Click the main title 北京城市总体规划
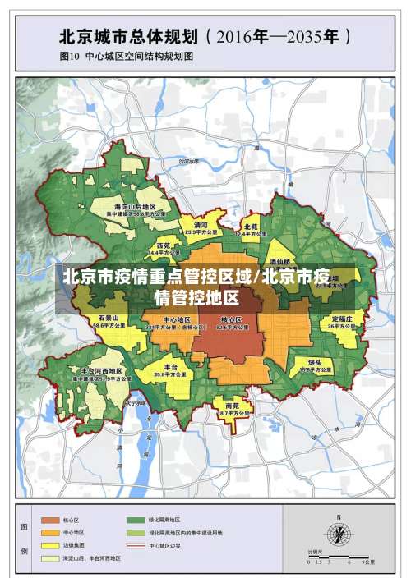pyautogui.click(x=127, y=37)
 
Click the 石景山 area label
pyautogui.click(x=109, y=318)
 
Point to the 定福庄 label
pyautogui.click(x=342, y=318)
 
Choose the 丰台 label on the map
pyautogui.click(x=171, y=367)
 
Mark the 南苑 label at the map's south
pyautogui.click(x=232, y=406)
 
